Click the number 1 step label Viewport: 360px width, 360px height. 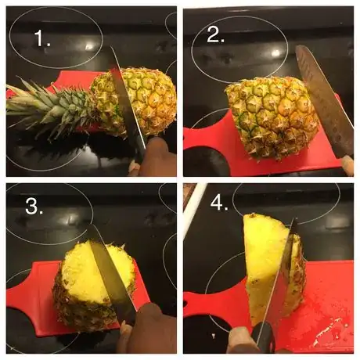pos(42,38)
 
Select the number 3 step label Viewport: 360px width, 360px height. pos(34,206)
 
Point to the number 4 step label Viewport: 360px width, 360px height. pos(219,203)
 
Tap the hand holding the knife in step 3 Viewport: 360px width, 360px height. pos(149,330)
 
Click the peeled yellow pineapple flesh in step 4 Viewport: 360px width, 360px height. pos(264,264)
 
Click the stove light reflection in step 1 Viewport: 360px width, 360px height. pos(88,46)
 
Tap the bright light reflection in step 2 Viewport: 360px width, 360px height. pos(276,53)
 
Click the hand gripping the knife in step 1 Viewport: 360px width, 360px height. pos(154,157)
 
